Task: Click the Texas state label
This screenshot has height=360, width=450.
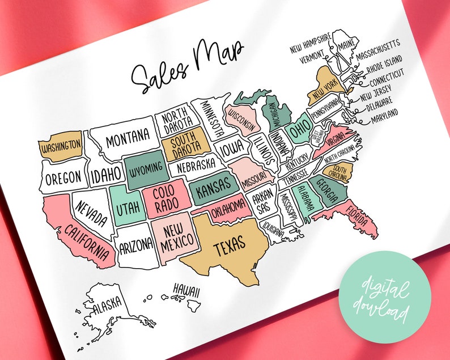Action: (x=230, y=244)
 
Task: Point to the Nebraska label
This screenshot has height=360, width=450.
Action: (x=196, y=165)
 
